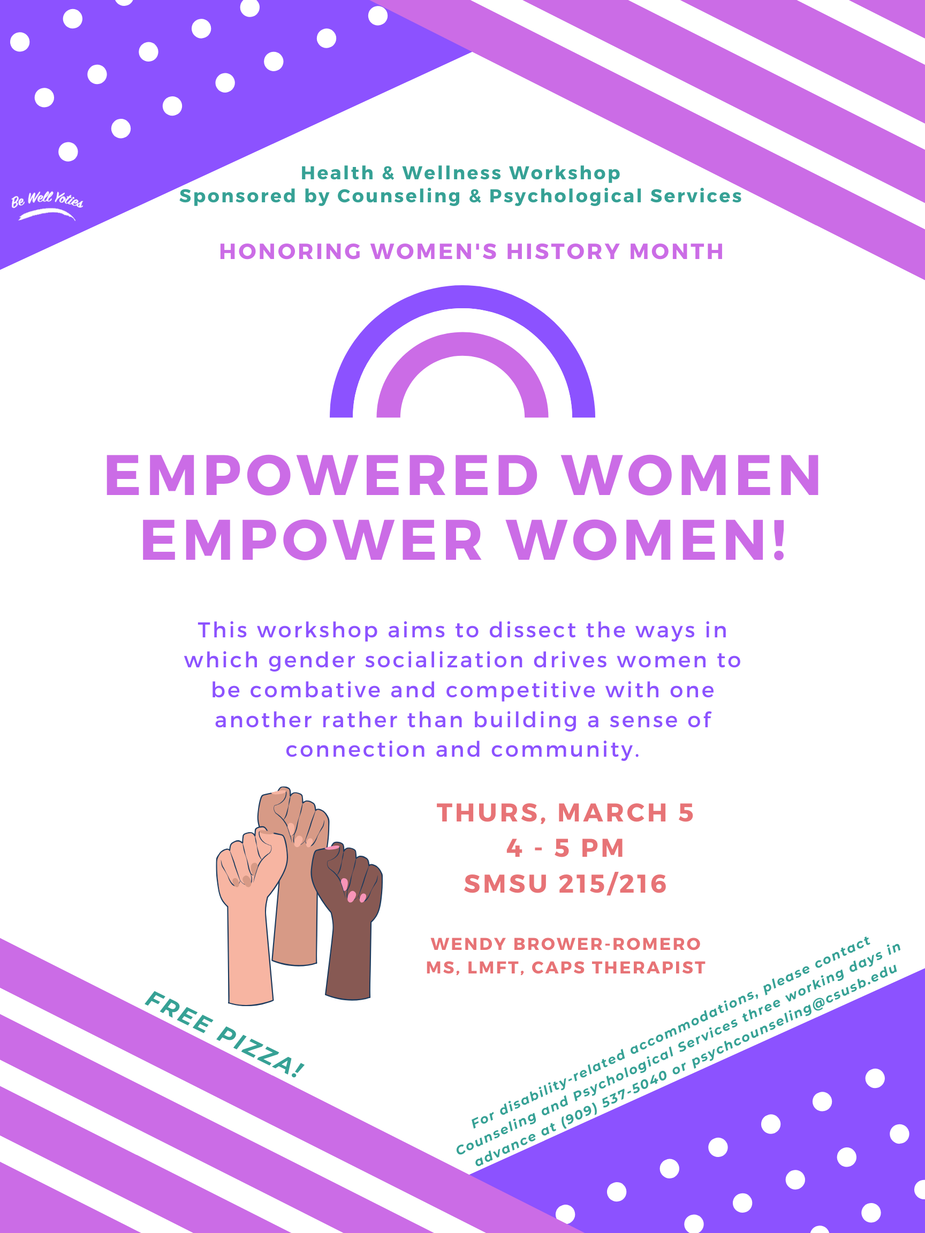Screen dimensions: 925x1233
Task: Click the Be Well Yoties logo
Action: tap(47, 205)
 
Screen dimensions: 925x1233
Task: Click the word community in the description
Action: tap(565, 750)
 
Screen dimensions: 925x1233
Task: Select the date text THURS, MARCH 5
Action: tap(565, 812)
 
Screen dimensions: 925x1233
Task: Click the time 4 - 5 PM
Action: tap(565, 848)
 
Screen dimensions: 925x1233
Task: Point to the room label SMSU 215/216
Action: tap(565, 884)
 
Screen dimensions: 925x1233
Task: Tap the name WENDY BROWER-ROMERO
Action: tap(565, 943)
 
